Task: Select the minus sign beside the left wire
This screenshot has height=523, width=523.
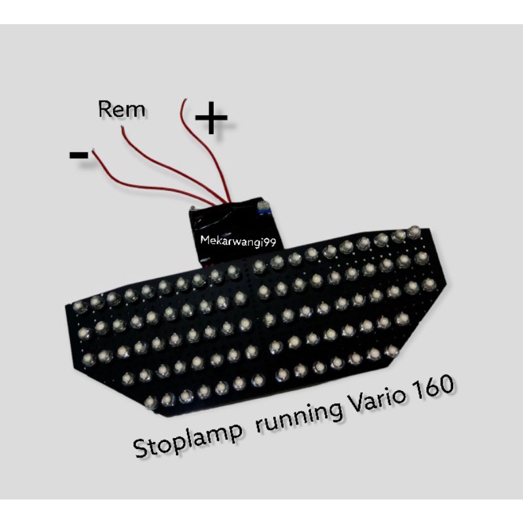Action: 78,155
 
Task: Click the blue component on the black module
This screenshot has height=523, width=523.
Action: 264,208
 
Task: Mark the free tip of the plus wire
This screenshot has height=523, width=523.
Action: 186,100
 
